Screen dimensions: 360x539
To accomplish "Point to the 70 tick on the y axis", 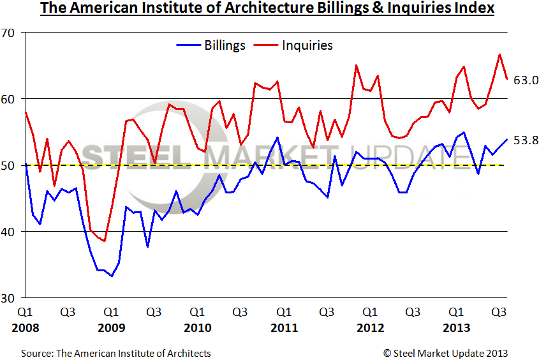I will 11,33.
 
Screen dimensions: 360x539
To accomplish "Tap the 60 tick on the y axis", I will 11,99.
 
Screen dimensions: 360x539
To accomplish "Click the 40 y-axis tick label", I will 11,232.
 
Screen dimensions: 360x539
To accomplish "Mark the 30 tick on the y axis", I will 11,298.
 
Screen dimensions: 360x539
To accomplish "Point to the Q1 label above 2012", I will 370,313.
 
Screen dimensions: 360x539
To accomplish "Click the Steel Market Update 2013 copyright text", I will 446,353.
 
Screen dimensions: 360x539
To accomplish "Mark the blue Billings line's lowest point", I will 111,276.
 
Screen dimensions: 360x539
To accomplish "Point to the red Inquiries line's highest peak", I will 499,54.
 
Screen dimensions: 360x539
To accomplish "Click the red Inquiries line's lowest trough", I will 104,241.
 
